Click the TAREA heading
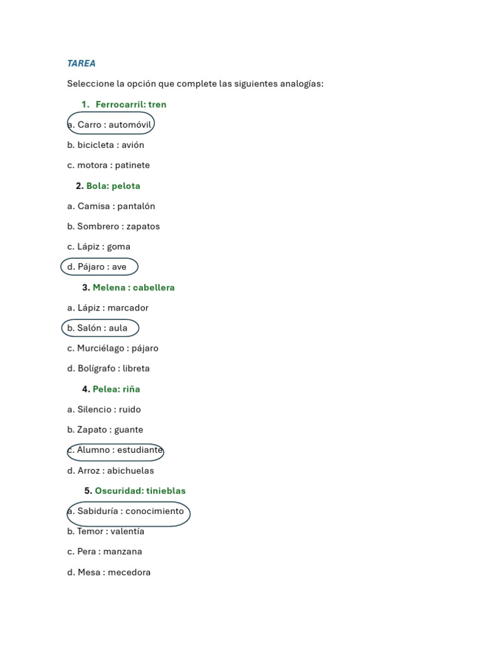point(81,64)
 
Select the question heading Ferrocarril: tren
point(130,105)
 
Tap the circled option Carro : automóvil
point(110,125)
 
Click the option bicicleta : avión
point(106,145)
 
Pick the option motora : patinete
point(108,165)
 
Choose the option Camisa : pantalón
point(111,206)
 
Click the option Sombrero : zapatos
point(113,226)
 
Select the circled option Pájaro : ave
point(99,267)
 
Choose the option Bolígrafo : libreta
point(108,368)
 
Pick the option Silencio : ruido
point(104,409)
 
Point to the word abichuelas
point(130,471)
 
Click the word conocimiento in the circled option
point(154,511)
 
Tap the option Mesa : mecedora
point(109,573)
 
